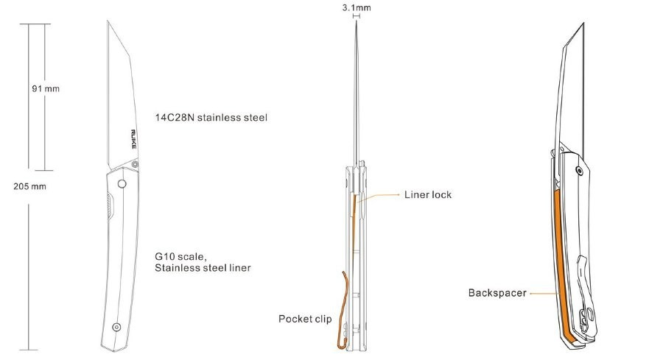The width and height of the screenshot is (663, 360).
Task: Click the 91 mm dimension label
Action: point(46,89)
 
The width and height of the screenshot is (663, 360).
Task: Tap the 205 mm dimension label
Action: point(29,186)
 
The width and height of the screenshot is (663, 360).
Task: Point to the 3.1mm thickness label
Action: point(357,7)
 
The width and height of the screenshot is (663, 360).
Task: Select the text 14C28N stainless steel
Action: point(211,118)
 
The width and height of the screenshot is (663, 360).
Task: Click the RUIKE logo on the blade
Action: point(133,139)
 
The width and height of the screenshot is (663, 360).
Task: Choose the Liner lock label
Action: point(428,195)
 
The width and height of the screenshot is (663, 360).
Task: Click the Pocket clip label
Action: point(305,319)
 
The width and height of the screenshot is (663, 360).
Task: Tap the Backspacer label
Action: point(497,293)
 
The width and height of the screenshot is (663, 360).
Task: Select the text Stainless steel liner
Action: point(203,268)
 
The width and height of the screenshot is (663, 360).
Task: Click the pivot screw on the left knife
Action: point(135,163)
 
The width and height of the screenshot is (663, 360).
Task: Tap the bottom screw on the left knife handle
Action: point(116,327)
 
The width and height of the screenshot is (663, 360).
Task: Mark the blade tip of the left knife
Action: point(108,21)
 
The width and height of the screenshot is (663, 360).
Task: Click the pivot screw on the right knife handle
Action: point(579,171)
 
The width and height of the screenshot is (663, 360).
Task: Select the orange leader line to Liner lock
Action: point(378,197)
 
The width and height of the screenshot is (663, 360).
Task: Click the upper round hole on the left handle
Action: point(122,184)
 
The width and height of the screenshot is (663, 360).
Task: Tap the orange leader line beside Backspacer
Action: point(544,293)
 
